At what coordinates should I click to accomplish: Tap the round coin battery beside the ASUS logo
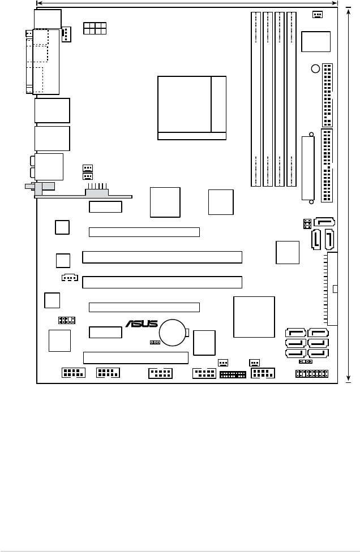click(x=173, y=332)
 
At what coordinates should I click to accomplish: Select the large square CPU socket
click(x=192, y=107)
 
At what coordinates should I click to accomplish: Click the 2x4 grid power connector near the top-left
click(x=95, y=28)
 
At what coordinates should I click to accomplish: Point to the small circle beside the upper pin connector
click(x=315, y=69)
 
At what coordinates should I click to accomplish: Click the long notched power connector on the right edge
click(x=332, y=289)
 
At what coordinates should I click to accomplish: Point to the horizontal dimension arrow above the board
click(x=187, y=3)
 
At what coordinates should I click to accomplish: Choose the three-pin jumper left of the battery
click(x=155, y=342)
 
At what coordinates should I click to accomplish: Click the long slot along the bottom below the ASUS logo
click(x=135, y=357)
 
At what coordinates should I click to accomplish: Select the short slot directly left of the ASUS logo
click(x=105, y=332)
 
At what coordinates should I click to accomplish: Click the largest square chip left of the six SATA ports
click(x=254, y=317)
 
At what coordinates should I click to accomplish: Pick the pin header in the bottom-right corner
click(x=313, y=374)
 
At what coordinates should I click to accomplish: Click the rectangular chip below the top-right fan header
click(x=316, y=42)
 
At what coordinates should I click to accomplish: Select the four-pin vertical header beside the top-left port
click(x=66, y=34)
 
